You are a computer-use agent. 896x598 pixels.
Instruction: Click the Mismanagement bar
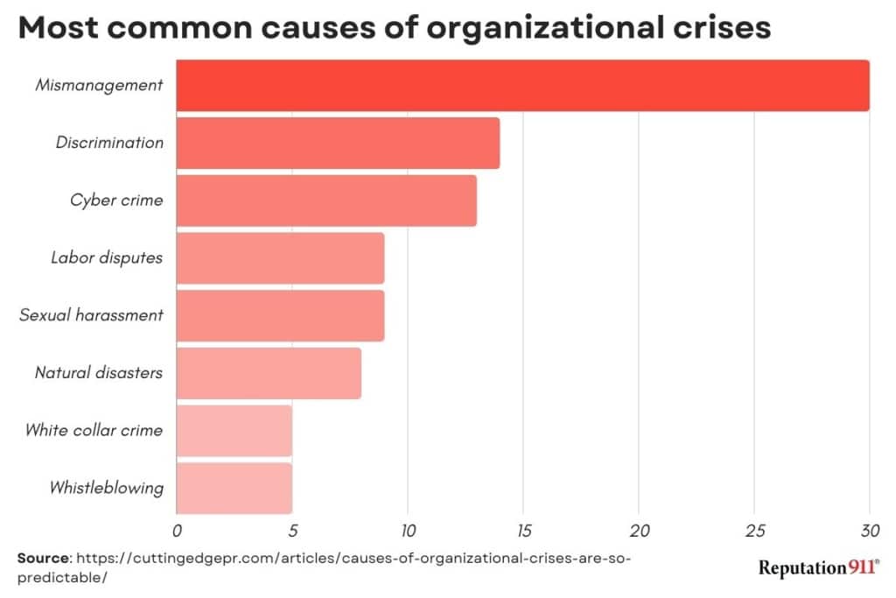[x=522, y=86]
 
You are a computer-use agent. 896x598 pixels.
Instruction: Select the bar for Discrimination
[x=338, y=143]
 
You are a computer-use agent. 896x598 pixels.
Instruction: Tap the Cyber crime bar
[x=326, y=201]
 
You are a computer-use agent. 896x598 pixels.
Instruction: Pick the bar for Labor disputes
[x=280, y=258]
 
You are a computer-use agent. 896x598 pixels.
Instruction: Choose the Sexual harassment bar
[x=280, y=315]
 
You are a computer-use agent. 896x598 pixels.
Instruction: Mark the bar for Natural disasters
[x=269, y=373]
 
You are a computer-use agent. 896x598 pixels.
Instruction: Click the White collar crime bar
[x=234, y=431]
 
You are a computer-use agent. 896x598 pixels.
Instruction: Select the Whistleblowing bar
[x=234, y=488]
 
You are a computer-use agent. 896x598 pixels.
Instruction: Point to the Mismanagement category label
[x=99, y=86]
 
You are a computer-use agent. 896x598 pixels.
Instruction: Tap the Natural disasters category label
[x=99, y=373]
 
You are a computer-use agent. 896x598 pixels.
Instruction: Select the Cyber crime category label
[x=116, y=201]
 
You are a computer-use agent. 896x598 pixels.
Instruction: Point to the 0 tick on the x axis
[x=177, y=530]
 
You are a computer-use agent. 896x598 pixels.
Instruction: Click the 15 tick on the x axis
[x=522, y=530]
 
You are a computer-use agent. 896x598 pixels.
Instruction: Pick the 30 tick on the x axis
[x=868, y=530]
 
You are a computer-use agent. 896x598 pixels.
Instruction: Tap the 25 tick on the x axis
[x=753, y=530]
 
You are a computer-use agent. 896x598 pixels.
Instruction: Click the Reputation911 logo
[x=818, y=568]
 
